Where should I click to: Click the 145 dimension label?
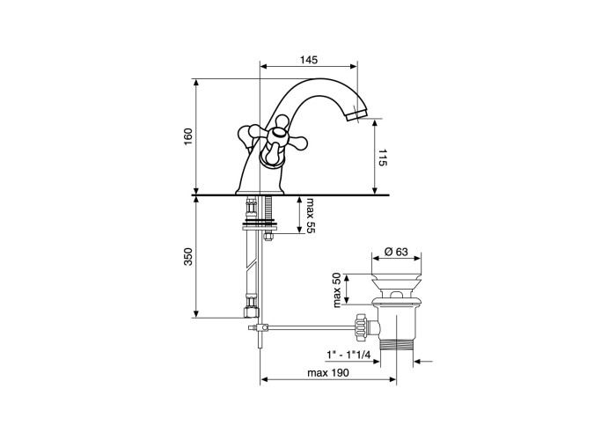tap(309, 60)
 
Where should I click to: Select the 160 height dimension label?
tap(188, 136)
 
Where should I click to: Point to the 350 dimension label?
tap(188, 256)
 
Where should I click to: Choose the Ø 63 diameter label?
tap(396, 252)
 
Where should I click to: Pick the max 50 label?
tap(337, 290)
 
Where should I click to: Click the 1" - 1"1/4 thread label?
tap(348, 355)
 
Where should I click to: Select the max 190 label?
tap(327, 372)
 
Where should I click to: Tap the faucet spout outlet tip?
tap(356, 116)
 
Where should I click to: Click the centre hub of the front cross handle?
tap(277, 136)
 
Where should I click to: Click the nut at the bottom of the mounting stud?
tap(268, 237)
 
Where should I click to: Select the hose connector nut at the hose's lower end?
tap(252, 312)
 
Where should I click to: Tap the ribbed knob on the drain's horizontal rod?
tap(361, 326)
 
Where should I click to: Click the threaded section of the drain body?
tap(396, 344)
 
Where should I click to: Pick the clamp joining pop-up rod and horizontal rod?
tap(260, 327)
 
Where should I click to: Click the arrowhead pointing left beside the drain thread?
tap(419, 361)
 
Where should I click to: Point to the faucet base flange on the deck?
tap(260, 192)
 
